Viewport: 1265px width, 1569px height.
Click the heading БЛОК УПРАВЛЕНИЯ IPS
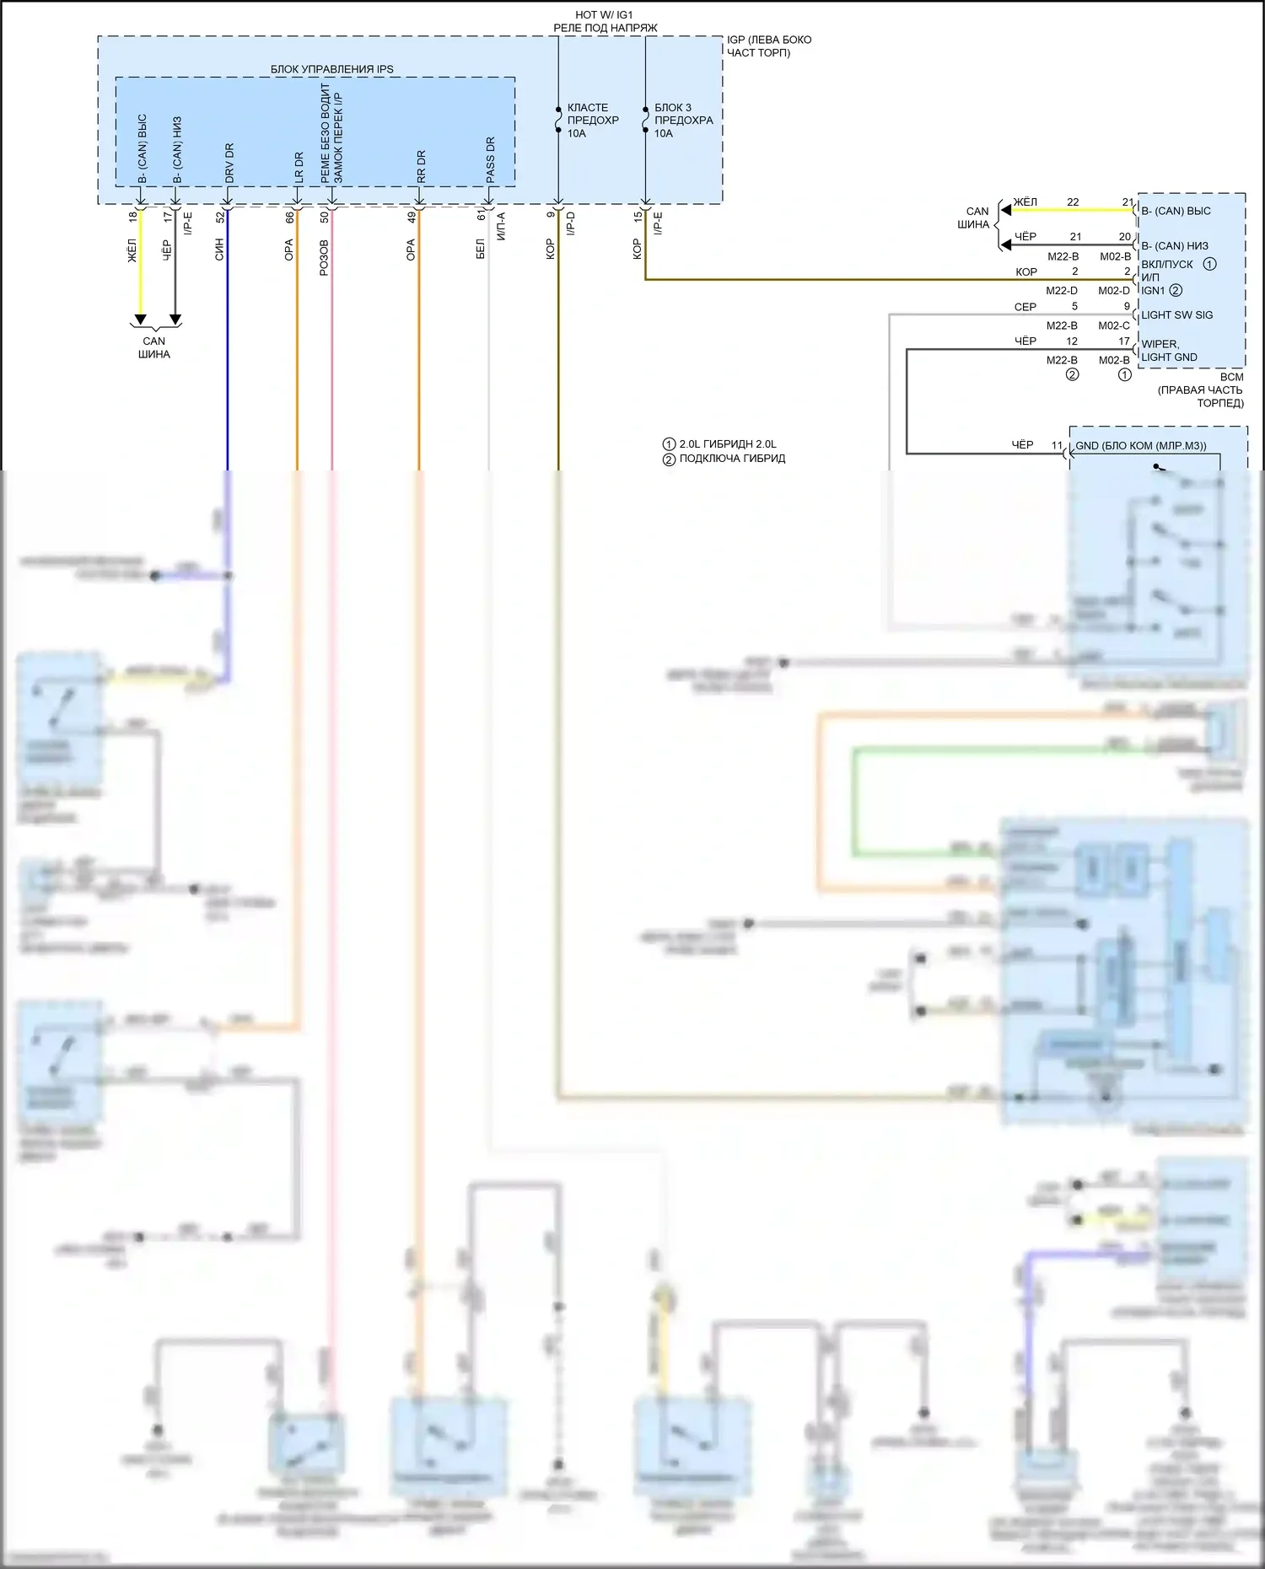[331, 69]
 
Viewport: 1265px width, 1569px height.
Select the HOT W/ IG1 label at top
[604, 15]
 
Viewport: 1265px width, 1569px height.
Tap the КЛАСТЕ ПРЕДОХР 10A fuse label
[592, 121]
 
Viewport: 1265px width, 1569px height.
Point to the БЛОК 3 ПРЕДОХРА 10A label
[683, 121]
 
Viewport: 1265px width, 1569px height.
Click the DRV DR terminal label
[229, 163]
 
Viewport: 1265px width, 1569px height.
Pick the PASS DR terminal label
[490, 159]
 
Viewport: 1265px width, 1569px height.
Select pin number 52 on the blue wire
[220, 217]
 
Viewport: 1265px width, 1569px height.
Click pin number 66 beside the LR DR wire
[289, 217]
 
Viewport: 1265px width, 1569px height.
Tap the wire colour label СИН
[219, 250]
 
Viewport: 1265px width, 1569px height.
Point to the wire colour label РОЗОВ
[324, 258]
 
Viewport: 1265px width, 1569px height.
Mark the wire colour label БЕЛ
[481, 250]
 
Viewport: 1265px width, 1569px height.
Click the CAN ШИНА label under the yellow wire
[154, 347]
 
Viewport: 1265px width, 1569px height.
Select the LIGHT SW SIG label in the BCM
[1176, 315]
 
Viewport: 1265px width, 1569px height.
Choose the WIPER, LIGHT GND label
[1169, 351]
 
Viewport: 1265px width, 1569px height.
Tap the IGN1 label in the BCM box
[1153, 291]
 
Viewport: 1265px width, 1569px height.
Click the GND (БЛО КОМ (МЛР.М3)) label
[1140, 446]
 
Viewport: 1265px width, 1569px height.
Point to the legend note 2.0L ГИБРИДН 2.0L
[727, 444]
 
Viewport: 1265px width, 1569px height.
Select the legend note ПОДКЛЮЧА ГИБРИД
[731, 459]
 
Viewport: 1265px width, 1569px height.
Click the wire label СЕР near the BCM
[1025, 307]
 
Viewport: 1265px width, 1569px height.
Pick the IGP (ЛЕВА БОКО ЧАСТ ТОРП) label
[768, 46]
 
